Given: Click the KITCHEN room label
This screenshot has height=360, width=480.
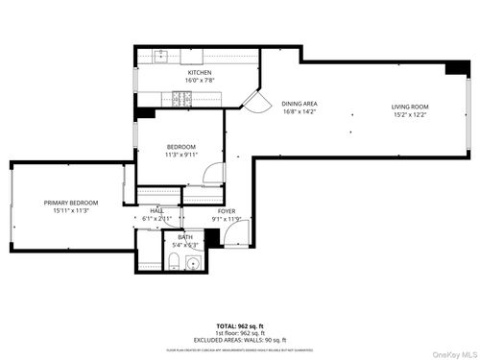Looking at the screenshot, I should (x=199, y=73).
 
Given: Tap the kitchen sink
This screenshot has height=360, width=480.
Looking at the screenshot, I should (x=162, y=56).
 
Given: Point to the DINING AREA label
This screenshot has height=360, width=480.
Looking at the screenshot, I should (x=300, y=104).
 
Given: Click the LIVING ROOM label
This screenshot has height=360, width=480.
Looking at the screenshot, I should (x=410, y=107).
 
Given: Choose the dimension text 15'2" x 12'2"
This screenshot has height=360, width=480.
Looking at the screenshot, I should (x=410, y=115).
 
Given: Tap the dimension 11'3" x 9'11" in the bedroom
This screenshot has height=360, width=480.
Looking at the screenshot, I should (x=180, y=155).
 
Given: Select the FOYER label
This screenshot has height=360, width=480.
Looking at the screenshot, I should (x=226, y=210).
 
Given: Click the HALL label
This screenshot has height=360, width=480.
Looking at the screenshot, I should (x=156, y=210).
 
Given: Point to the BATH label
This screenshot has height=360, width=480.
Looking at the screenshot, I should (x=184, y=236).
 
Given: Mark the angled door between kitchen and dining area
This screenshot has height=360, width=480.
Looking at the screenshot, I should (x=256, y=100).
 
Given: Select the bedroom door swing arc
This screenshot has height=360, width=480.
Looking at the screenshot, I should (x=211, y=176).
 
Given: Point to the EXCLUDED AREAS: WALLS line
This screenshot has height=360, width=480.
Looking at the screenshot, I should (x=239, y=341).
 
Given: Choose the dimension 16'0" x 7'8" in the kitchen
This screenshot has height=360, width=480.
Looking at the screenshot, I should (x=199, y=82).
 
